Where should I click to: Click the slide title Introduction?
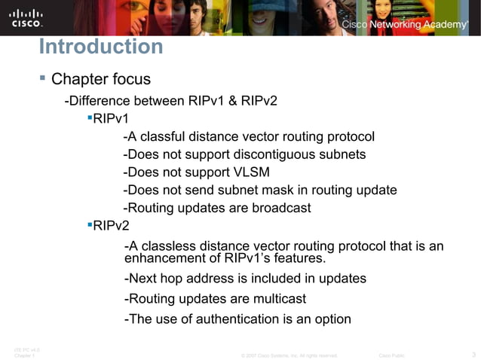pyautogui.click(x=100, y=47)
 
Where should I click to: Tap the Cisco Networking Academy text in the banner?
pyautogui.click(x=404, y=25)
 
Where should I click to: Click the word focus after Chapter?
pyautogui.click(x=129, y=79)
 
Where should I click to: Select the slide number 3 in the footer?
pyautogui.click(x=472, y=354)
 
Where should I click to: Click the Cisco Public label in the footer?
pyautogui.click(x=391, y=355)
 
